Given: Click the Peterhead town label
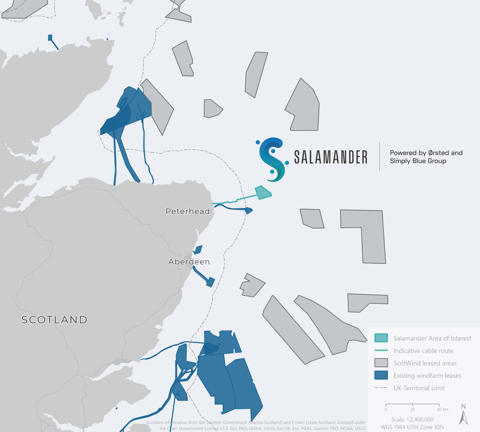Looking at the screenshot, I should tap(187, 211).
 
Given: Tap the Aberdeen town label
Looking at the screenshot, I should tap(189, 262).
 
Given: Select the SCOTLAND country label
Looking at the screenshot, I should tap(54, 320).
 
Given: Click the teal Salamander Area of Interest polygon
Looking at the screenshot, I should tap(262, 193).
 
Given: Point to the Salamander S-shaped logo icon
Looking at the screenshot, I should tap(272, 159).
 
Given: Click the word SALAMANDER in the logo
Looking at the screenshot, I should tap(330, 157).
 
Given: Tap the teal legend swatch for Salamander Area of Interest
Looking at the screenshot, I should tap(381, 338).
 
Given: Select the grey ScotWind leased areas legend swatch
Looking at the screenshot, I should tap(381, 362).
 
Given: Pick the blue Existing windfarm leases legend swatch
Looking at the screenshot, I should tap(381, 375).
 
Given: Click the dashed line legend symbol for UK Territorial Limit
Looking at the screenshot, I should tap(381, 388).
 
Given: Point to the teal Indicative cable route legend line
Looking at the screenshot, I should tap(381, 350).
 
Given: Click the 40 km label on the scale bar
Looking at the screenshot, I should tap(442, 409).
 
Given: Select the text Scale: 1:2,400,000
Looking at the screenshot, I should tap(412, 419).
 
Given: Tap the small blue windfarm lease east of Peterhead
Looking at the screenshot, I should tap(248, 210).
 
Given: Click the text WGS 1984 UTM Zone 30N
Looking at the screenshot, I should tap(412, 427).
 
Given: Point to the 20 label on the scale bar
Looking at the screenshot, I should tap(412, 409).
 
